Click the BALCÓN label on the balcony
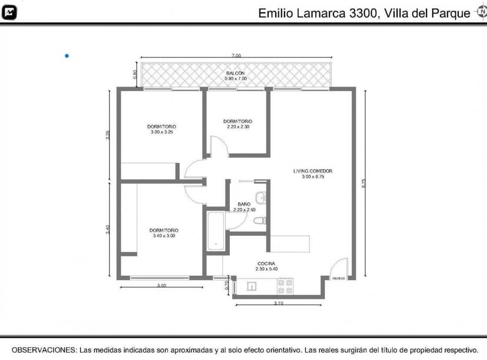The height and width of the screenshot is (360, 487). pos(235,73)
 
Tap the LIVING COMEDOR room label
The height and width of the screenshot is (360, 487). pos(312,171)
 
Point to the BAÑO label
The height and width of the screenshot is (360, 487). pos(244,204)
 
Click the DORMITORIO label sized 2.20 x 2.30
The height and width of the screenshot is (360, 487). pos(238,121)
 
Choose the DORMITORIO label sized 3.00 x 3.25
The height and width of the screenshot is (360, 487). pos(161,126)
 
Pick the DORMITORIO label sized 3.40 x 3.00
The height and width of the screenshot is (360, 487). pos(164,230)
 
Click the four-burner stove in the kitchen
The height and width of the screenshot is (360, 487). pos(285,286)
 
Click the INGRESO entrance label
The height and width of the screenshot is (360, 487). pos(338,278)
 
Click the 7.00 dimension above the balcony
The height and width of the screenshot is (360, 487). pos(236,55)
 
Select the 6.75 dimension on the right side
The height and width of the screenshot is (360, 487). pos(364,182)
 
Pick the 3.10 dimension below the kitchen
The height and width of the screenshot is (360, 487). pos(278,304)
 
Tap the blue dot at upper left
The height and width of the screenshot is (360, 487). pos(67,56)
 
